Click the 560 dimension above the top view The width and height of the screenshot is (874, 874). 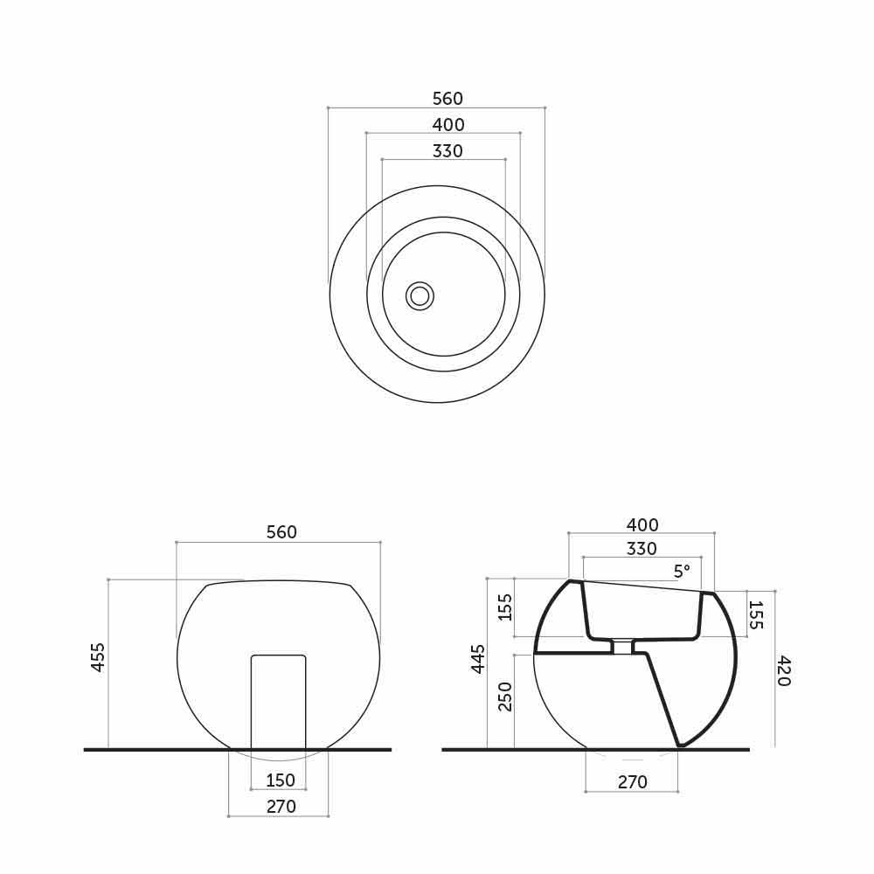(x=447, y=99)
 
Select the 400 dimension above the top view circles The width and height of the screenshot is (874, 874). (x=448, y=125)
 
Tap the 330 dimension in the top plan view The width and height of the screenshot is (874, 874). (x=447, y=151)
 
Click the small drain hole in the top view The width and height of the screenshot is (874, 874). (x=420, y=296)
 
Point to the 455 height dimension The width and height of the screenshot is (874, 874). (x=98, y=657)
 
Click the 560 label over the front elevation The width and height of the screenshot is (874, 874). (x=281, y=532)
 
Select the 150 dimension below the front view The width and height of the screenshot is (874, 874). (x=280, y=780)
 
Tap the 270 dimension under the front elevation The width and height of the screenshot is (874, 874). (x=281, y=807)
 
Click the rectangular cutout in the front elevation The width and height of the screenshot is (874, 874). (x=279, y=702)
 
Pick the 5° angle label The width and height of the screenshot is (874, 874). (x=682, y=572)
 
